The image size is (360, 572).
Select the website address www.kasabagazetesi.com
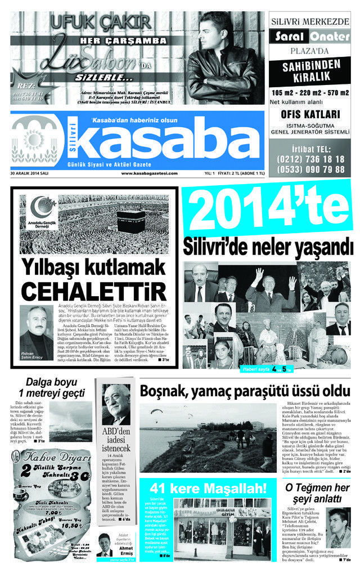143,173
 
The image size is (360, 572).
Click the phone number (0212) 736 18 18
310,159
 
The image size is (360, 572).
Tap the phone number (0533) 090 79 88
310,169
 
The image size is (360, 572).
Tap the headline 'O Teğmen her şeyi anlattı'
317,493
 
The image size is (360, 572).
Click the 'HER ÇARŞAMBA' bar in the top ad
123,41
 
